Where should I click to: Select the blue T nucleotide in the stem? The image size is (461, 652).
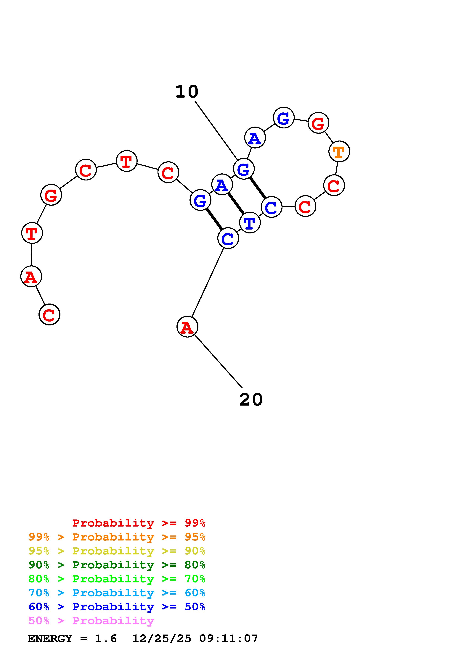[x=250, y=223]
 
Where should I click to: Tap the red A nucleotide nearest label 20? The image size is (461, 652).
[x=187, y=327]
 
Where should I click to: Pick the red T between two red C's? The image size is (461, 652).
[x=126, y=161]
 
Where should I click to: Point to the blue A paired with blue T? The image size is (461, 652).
[x=222, y=185]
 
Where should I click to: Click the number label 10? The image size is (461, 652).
[x=187, y=92]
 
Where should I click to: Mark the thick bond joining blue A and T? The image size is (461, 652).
[x=236, y=204]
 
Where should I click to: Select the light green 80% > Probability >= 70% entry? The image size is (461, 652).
[x=117, y=578]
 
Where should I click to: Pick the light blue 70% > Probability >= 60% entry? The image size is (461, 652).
[x=117, y=593]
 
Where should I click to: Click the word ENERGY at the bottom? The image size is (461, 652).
[x=50, y=638]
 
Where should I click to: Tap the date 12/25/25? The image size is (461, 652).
[x=162, y=638]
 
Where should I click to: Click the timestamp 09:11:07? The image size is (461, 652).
[x=229, y=638]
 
